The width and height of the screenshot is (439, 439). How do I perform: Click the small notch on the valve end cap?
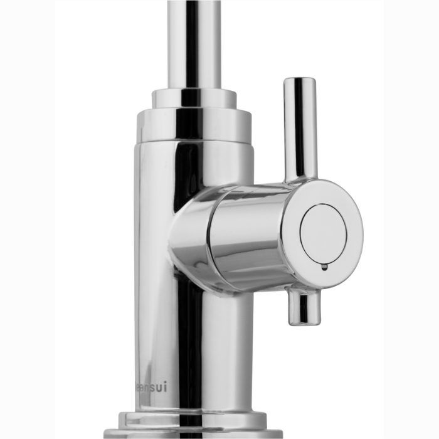click(x=324, y=267)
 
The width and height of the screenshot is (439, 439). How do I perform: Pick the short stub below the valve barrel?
click(x=304, y=307)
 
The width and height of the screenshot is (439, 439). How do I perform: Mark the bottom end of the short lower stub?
click(x=304, y=323)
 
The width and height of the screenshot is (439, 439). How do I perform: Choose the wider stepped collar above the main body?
click(x=194, y=125)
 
